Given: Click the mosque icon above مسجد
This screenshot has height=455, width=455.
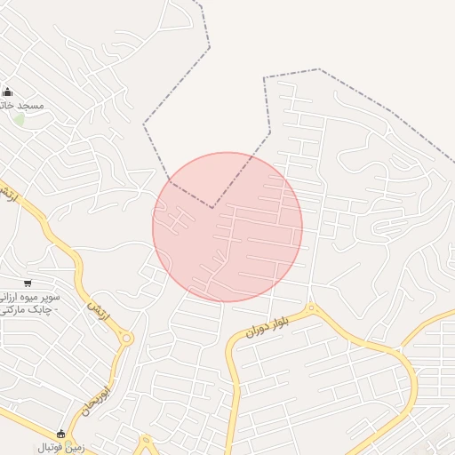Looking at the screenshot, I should pos(8,92).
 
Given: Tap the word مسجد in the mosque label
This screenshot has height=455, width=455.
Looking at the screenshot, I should pos(34,105).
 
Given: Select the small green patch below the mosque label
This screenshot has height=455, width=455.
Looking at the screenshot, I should pos(19,118).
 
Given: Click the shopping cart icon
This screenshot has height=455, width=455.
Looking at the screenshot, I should pos(29,283).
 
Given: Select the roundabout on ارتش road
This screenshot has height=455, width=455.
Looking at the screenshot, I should pos(126,338).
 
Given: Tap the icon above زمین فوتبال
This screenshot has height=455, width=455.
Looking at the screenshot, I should pos(60,434).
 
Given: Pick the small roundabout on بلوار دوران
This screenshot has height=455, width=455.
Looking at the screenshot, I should pos(310,309).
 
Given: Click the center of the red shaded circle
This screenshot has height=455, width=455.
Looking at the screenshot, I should pos(227,227).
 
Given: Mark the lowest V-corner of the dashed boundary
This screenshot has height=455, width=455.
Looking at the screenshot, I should pos(212,208).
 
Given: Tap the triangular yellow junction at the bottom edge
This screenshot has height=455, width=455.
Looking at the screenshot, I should pos(147,443).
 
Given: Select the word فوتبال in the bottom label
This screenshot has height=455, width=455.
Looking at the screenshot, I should pos(44,447).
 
